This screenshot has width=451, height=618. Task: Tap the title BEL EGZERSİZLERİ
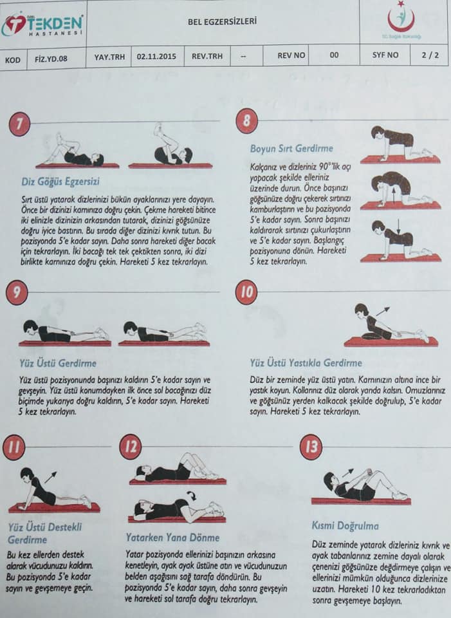pyautogui.click(x=222, y=21)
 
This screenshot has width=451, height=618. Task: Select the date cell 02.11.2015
pyautogui.click(x=156, y=57)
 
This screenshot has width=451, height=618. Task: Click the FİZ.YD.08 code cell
pyautogui.click(x=51, y=59)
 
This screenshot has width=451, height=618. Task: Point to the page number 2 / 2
pyautogui.click(x=430, y=55)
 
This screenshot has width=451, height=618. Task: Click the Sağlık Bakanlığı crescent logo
pyautogui.click(x=401, y=20)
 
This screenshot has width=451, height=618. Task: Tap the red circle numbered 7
pyautogui.click(x=19, y=124)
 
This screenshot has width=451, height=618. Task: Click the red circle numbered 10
pyautogui.click(x=246, y=292)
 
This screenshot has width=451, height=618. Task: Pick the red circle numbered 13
pyautogui.click(x=311, y=447)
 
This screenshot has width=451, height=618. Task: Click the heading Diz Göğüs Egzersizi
pyautogui.click(x=60, y=182)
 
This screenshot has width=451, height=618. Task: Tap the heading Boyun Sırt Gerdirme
pyautogui.click(x=291, y=149)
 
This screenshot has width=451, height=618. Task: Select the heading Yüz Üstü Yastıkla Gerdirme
pyautogui.click(x=306, y=363)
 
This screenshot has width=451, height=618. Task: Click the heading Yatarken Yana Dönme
pyautogui.click(x=172, y=538)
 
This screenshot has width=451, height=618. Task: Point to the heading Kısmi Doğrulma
pyautogui.click(x=345, y=526)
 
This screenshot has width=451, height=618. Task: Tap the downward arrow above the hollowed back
pyautogui.click(x=399, y=226)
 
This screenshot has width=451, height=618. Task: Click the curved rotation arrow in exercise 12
pyautogui.click(x=192, y=495)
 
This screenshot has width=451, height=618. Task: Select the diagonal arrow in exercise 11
pyautogui.click(x=51, y=477)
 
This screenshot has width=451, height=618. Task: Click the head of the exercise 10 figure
pyautogui.click(x=361, y=310)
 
